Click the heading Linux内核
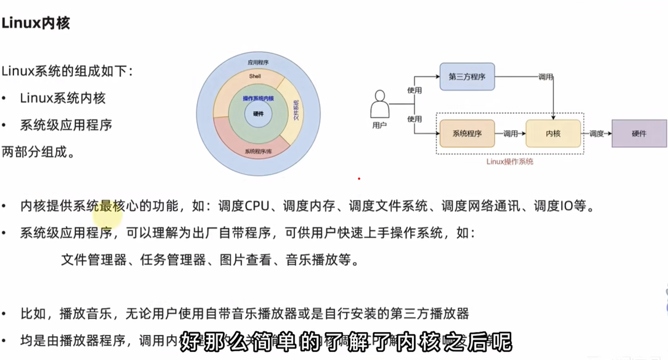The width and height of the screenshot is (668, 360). point(36,23)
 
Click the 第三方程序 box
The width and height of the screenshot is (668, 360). point(467,76)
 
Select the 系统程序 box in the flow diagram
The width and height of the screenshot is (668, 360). point(467,133)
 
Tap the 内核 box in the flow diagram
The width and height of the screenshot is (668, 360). point(553,133)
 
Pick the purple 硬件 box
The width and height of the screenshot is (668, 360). point(639,133)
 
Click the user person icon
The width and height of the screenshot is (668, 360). point(380,104)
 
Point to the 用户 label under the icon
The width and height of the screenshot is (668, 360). point(379,126)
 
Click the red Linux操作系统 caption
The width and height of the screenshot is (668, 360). point(510,162)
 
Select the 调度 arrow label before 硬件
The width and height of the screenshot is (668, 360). point(596,133)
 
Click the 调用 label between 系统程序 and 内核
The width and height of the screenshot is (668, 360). point(510,133)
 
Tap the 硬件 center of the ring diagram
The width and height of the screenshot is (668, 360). point(258,114)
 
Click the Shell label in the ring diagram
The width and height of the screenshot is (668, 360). point(255,76)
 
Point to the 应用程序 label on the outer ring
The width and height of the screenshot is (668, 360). point(258,62)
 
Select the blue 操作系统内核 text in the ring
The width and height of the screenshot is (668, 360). point(258,98)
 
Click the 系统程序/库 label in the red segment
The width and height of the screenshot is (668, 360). point(258,151)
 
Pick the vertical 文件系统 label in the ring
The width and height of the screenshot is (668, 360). point(296,110)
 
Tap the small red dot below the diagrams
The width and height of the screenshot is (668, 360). point(359,179)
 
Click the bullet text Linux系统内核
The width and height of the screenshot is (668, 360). point(63,98)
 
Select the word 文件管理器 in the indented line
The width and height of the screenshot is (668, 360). point(94,260)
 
